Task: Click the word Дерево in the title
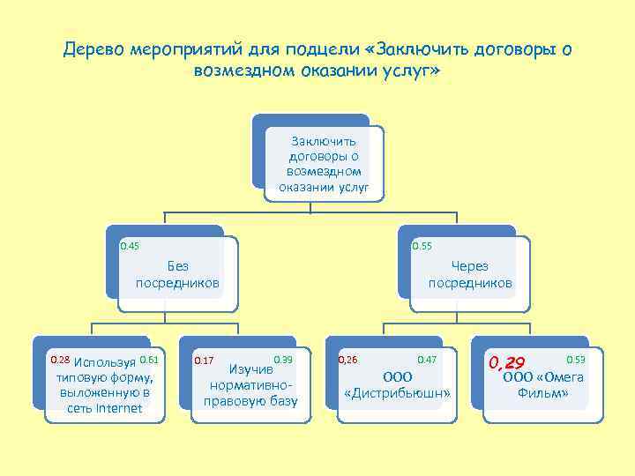click(x=93, y=48)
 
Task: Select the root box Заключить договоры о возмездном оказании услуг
click(x=324, y=163)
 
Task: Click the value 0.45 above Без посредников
click(x=130, y=245)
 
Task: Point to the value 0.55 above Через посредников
click(x=422, y=245)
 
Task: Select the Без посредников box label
click(x=177, y=274)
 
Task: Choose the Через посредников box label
click(x=469, y=274)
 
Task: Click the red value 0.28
click(x=59, y=360)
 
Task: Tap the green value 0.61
click(x=148, y=360)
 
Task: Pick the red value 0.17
click(x=203, y=361)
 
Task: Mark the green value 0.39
click(x=283, y=360)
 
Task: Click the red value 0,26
click(x=347, y=360)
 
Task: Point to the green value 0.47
click(x=427, y=360)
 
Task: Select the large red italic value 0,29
click(x=506, y=362)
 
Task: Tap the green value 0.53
click(x=576, y=360)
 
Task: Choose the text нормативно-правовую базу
click(x=250, y=394)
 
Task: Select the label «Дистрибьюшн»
click(x=396, y=392)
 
